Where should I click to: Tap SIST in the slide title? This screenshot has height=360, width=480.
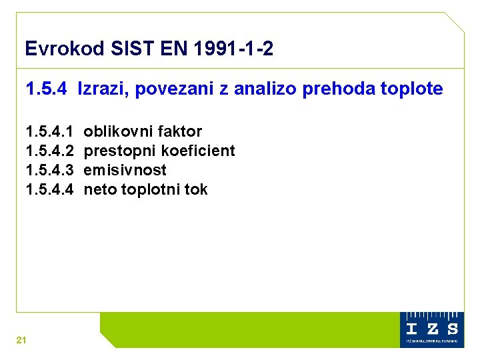coord(127,49)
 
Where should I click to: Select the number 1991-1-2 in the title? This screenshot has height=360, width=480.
coord(231,49)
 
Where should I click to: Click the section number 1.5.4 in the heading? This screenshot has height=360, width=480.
coord(46,89)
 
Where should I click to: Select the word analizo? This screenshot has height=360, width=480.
coord(265,89)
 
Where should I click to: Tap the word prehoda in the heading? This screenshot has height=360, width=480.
coord(332,89)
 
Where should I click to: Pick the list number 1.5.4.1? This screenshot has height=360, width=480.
coord(49,131)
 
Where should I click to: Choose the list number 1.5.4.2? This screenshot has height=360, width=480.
coord(49,151)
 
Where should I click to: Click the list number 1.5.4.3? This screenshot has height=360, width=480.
coord(49,170)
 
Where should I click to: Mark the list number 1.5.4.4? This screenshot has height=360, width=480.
coord(49,189)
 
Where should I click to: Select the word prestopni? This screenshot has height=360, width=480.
coord(119,151)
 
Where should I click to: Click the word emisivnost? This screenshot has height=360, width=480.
coord(125,170)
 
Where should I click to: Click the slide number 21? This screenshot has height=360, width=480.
coord(21,341)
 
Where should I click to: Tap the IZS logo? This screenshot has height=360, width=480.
coord(432,329)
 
